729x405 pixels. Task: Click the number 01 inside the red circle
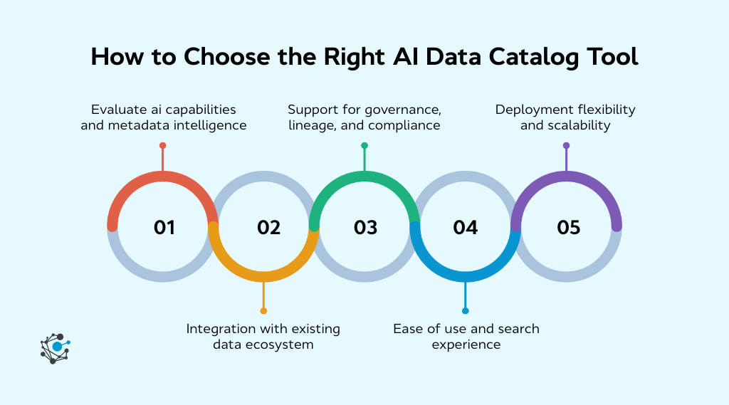tap(164, 228)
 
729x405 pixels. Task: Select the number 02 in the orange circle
tap(268, 228)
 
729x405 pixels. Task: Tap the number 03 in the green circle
tap(365, 228)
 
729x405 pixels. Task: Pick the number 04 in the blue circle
tap(465, 228)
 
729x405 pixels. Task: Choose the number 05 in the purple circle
tap(569, 228)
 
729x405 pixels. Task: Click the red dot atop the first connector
tap(163, 145)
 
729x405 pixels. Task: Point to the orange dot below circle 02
tap(263, 311)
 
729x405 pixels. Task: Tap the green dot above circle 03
tap(364, 145)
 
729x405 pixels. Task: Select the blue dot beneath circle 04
tap(466, 311)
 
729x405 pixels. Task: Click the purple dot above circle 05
tap(567, 145)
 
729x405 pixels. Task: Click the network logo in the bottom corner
tap(56, 348)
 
